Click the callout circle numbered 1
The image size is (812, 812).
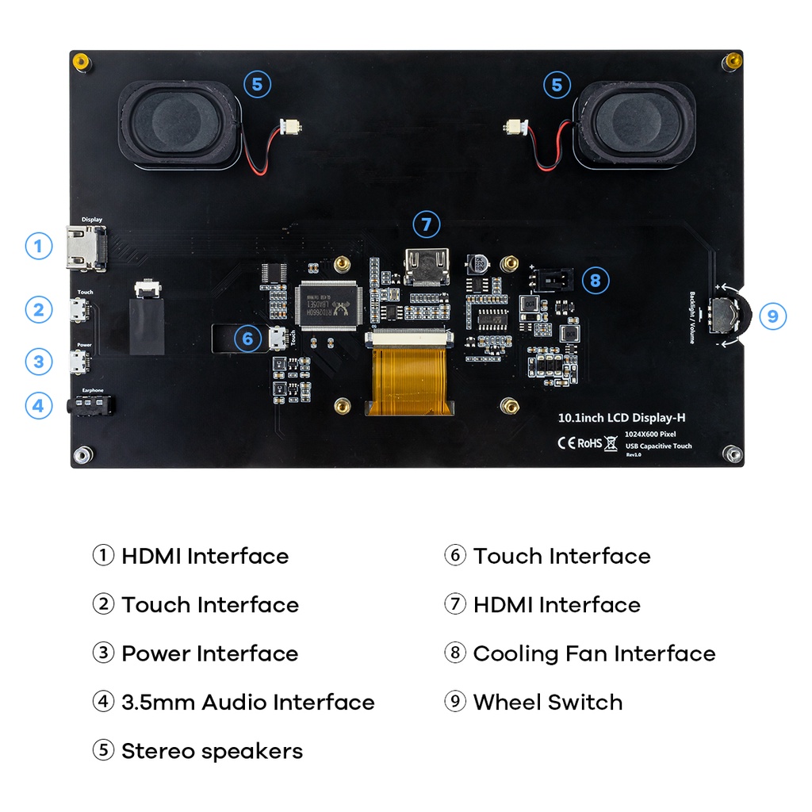pyautogui.click(x=38, y=246)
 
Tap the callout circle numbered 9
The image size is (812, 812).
pyautogui.click(x=772, y=317)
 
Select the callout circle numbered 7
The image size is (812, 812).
pyautogui.click(x=427, y=224)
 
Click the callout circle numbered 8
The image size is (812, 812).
pyautogui.click(x=596, y=279)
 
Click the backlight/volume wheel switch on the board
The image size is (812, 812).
pyautogui.click(x=725, y=316)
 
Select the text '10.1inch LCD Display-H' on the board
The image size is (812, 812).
pyautogui.click(x=616, y=417)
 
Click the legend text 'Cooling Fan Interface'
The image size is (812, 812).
pyautogui.click(x=594, y=654)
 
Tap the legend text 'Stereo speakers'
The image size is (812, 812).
pyautogui.click(x=212, y=752)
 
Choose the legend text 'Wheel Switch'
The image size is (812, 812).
pyautogui.click(x=547, y=703)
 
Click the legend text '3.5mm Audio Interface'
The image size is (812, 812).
pyautogui.click(x=247, y=703)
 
